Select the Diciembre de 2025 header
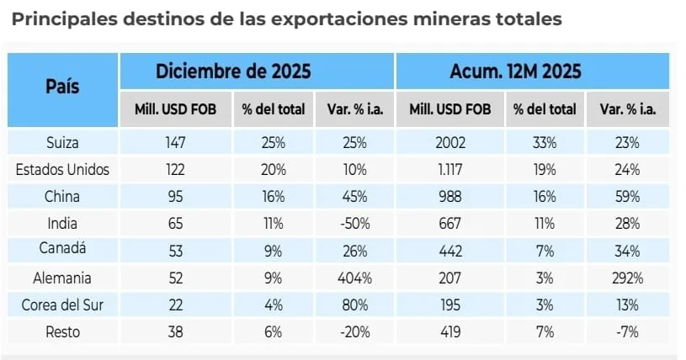233,71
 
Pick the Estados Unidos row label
63,170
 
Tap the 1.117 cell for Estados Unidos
449,170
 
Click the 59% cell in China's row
627,197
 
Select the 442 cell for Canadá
449,250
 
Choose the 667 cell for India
449,224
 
